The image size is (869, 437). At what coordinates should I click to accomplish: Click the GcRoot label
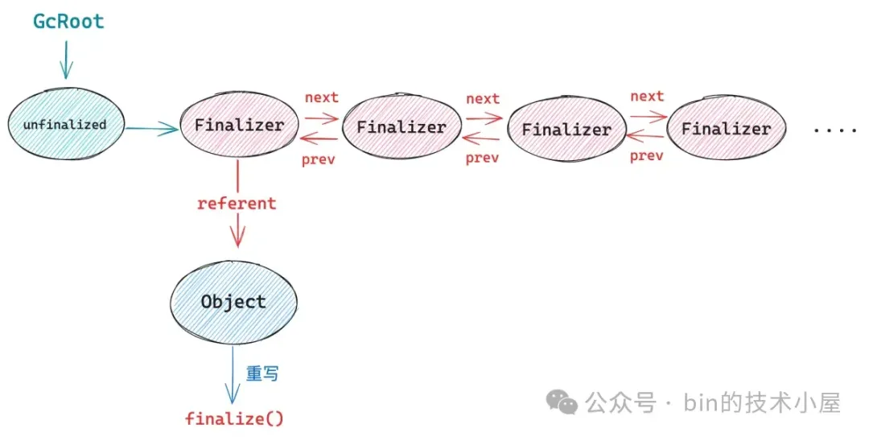(x=68, y=22)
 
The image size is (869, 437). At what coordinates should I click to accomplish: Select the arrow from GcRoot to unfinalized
(x=65, y=60)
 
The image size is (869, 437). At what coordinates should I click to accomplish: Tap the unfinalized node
(x=64, y=125)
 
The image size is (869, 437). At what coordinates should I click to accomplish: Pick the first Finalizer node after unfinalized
(x=239, y=125)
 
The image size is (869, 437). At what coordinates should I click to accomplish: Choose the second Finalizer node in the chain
(x=401, y=127)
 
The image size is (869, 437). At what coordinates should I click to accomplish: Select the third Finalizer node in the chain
(x=566, y=129)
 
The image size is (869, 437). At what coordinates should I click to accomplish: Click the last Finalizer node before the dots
(x=726, y=128)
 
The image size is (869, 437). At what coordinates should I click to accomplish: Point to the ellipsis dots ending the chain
(x=835, y=130)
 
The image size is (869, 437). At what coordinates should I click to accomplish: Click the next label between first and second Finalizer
(x=321, y=97)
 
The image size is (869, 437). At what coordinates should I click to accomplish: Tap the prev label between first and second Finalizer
(x=318, y=159)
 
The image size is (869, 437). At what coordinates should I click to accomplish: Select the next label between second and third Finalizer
(x=483, y=98)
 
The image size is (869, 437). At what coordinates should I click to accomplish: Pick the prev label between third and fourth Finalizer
(x=646, y=155)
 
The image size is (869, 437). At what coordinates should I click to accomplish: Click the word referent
(x=237, y=204)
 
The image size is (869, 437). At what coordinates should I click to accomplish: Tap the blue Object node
(x=233, y=302)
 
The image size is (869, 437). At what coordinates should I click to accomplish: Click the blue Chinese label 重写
(x=262, y=374)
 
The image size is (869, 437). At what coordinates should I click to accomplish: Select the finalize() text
(x=234, y=418)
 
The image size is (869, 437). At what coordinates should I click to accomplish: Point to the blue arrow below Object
(x=233, y=374)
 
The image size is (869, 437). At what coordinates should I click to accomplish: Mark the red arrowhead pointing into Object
(x=237, y=239)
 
